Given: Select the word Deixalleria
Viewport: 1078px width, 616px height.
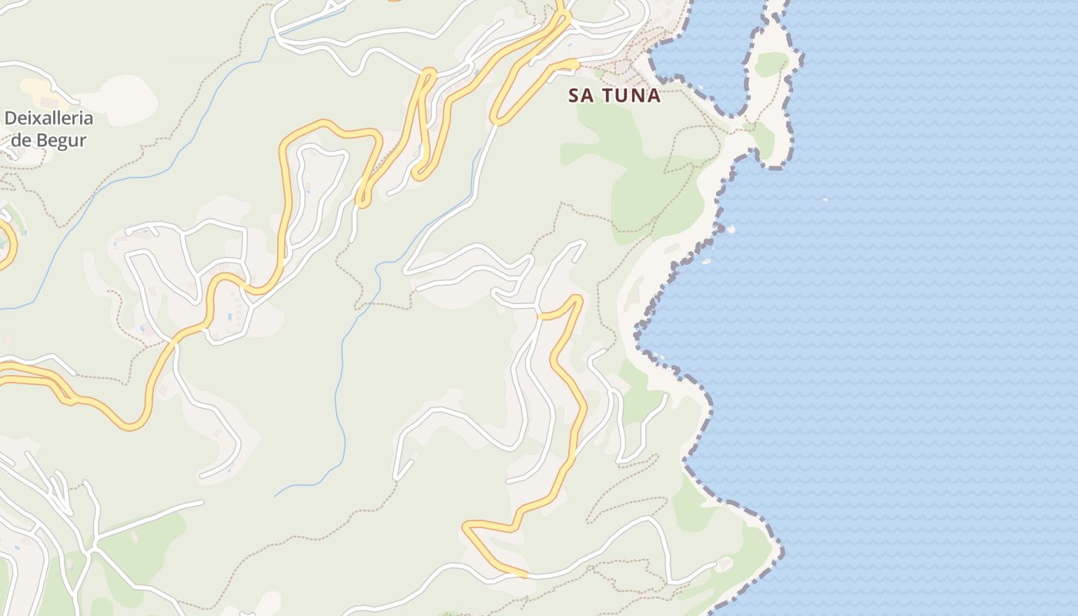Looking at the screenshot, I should point(49,119).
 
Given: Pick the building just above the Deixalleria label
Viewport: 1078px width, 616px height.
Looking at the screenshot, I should point(49,102).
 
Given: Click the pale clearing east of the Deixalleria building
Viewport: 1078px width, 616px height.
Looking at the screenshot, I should point(125,99).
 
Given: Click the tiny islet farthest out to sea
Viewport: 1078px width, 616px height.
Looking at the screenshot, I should point(825,199).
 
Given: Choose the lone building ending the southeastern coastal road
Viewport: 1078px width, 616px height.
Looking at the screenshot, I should point(723,565).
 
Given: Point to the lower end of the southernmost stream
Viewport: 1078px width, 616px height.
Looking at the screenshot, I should point(276,494).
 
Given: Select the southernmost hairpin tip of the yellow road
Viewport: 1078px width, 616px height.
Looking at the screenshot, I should point(466,527).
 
